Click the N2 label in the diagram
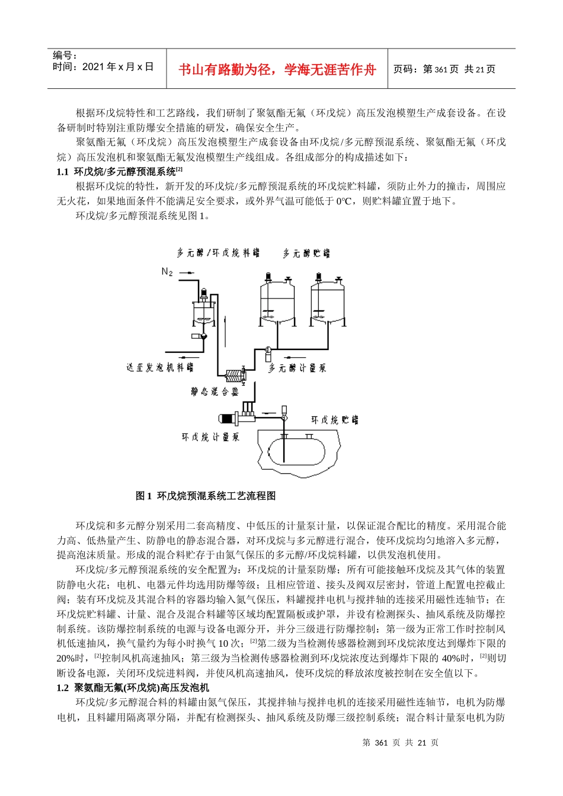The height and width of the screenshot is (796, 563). click(167, 272)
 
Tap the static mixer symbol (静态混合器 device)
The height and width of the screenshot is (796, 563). click(234, 375)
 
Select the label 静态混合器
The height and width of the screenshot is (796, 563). click(215, 391)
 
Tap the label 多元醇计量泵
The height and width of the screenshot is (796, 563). click(298, 368)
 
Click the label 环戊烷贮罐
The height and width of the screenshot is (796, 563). click(335, 420)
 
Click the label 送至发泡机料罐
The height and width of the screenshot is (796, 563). click(160, 367)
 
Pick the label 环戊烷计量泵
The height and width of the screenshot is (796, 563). click(211, 437)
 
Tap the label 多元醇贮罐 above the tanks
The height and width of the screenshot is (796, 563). click(306, 253)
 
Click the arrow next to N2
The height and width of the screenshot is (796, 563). click(185, 272)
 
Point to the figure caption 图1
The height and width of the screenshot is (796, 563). click(144, 496)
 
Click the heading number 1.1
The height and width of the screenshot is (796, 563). click(63, 172)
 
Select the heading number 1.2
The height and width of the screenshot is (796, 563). click(63, 688)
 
